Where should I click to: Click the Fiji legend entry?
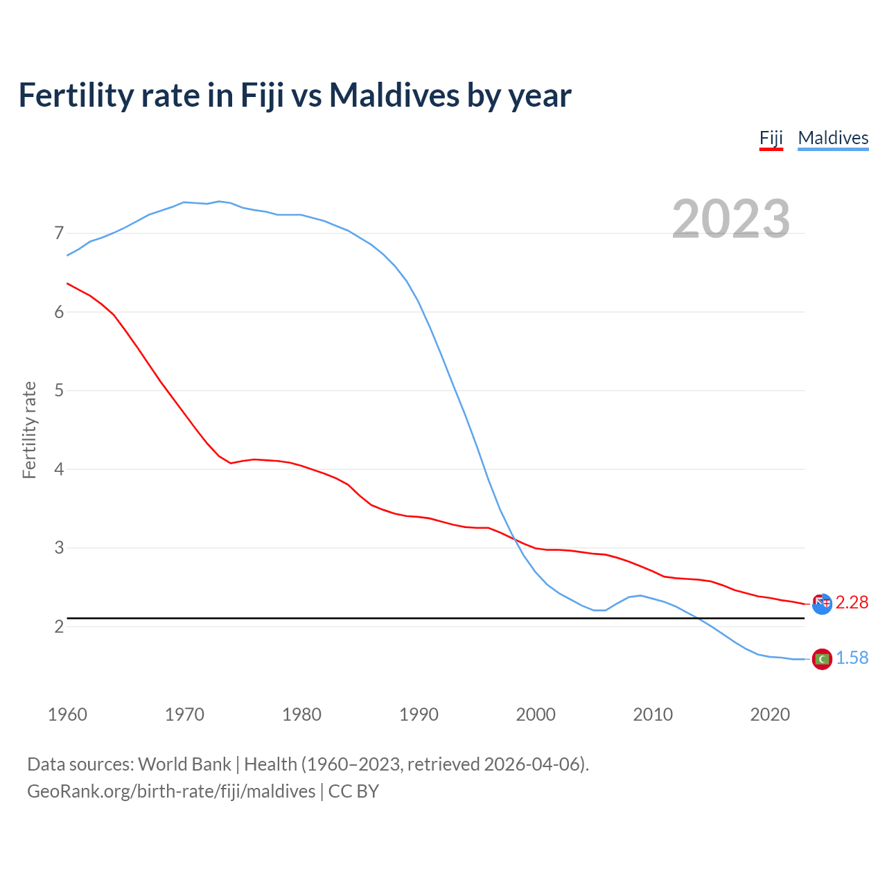[x=771, y=138]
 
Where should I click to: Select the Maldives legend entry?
[x=833, y=138]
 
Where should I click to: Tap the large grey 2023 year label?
[x=731, y=219]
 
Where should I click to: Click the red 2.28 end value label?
[x=852, y=603]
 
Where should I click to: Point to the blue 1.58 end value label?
[x=852, y=658]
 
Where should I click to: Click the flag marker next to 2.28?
[x=822, y=604]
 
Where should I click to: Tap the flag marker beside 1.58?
[x=822, y=659]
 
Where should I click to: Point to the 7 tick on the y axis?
[x=59, y=234]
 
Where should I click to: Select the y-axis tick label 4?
[x=59, y=469]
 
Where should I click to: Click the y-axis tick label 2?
[x=59, y=626]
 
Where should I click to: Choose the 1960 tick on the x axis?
[x=67, y=714]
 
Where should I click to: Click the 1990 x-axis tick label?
[x=419, y=714]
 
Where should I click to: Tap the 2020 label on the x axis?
[x=770, y=714]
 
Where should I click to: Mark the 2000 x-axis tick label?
[x=536, y=714]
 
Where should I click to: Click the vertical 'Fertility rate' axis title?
[x=29, y=430]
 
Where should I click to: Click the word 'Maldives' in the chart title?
[x=394, y=95]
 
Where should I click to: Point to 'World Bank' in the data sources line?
[x=184, y=764]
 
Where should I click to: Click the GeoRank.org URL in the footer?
[x=171, y=791]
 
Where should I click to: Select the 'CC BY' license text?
[x=353, y=791]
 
